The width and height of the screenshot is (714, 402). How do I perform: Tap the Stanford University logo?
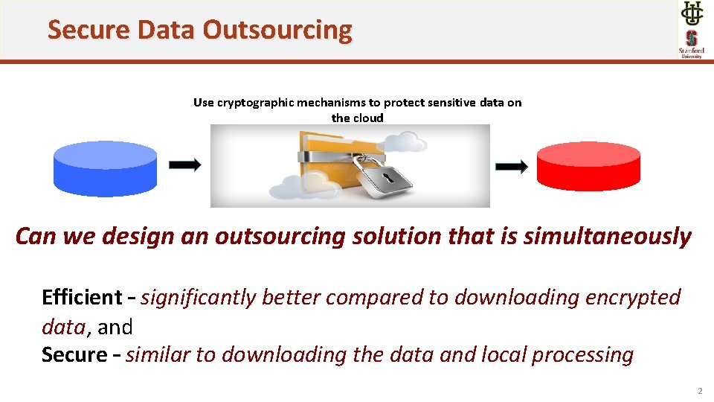(x=691, y=44)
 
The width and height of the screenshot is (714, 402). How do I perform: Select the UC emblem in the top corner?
(x=691, y=13)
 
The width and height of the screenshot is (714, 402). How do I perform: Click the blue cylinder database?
(x=105, y=167)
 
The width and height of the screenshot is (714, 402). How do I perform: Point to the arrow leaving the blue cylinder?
(x=185, y=165)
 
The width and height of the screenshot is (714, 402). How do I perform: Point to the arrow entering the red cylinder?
(x=512, y=165)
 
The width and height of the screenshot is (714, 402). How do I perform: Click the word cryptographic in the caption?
(x=255, y=103)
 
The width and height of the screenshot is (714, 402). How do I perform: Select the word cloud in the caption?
(x=368, y=118)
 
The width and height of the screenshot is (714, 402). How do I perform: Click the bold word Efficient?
(x=82, y=297)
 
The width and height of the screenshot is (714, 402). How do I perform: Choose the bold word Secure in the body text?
(x=74, y=354)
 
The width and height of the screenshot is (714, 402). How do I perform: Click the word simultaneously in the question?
(x=607, y=237)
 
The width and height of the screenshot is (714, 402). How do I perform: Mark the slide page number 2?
(x=699, y=392)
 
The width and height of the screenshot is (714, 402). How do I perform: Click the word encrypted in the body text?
(x=634, y=297)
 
